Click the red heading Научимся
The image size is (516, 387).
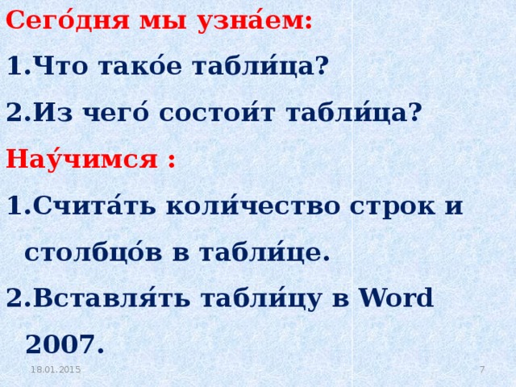tap(81, 158)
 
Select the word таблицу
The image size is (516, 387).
tap(262, 298)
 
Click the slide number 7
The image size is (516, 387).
tap(481, 368)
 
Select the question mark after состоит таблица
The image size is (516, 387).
tap(414, 112)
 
